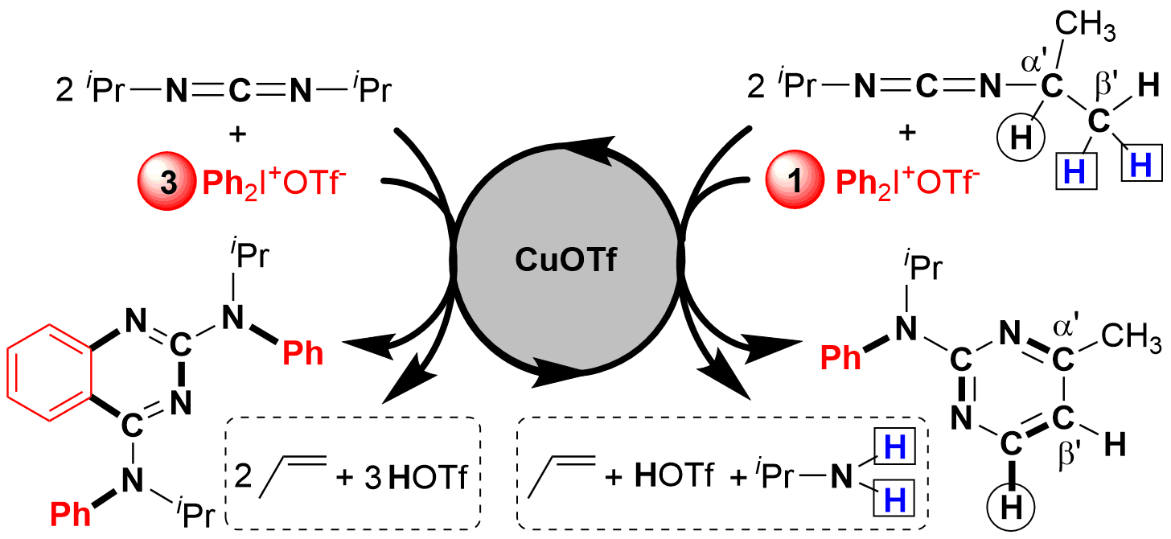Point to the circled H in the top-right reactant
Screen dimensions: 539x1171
(x=1020, y=138)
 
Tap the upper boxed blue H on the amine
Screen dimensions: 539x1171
(x=895, y=449)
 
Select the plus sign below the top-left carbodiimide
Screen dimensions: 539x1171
(x=236, y=134)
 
